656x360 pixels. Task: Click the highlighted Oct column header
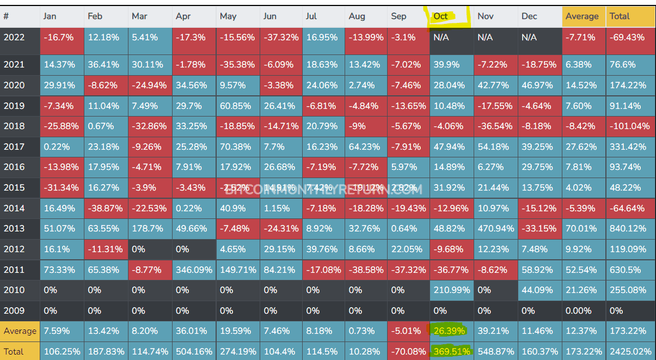click(x=440, y=16)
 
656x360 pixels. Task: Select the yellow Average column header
click(x=583, y=16)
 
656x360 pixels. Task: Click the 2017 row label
click(x=14, y=147)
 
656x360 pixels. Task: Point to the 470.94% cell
click(x=495, y=229)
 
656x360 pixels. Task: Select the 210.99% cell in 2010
click(x=451, y=290)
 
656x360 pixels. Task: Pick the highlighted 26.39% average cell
click(x=451, y=331)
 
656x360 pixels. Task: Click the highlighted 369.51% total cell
click(x=451, y=351)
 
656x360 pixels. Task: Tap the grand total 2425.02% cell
click(x=630, y=351)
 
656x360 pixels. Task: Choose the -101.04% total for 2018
click(x=630, y=126)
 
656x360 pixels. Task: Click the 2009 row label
click(x=14, y=311)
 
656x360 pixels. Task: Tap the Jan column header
click(x=50, y=16)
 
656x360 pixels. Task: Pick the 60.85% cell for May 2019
click(x=236, y=105)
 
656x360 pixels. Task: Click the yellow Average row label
click(x=20, y=331)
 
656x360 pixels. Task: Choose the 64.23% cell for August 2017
click(x=364, y=147)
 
